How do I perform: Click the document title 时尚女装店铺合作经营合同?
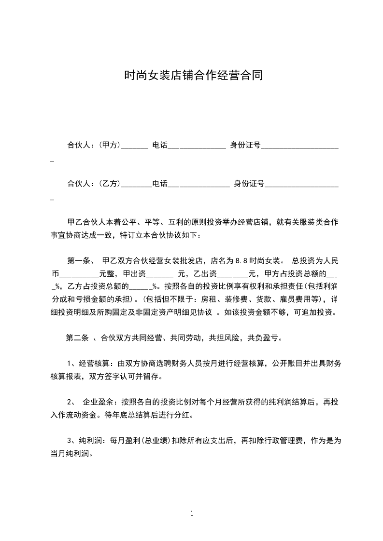tap(193, 76)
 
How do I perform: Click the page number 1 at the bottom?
tap(192, 513)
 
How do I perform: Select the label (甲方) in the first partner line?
tap(109, 144)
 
